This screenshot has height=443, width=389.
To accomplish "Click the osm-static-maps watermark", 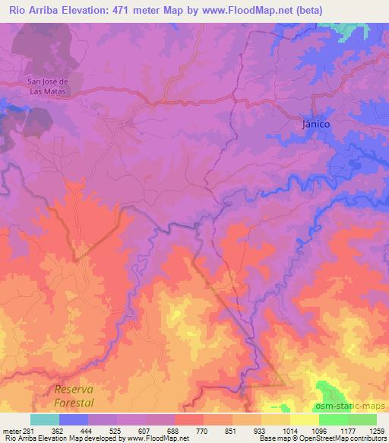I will coord(351,405).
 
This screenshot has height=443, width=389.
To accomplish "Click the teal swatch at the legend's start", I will coord(45,419).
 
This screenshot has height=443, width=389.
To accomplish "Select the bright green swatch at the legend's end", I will coord(362,419).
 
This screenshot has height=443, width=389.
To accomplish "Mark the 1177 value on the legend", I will coord(349,430).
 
